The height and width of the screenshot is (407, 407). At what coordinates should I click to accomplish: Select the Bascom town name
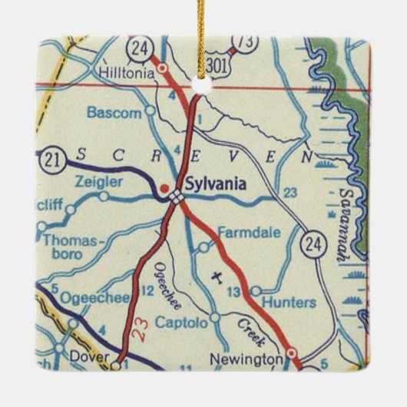point(114,112)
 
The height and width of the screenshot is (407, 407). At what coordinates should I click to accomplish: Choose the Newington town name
point(247,359)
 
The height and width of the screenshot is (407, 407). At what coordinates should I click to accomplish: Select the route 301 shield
point(218,67)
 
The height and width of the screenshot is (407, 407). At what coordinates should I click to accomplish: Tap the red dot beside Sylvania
point(164,187)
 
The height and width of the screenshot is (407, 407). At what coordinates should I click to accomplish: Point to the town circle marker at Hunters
point(256,291)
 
